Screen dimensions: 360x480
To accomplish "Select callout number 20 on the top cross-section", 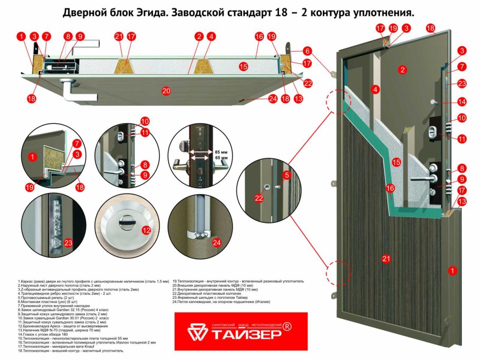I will [166, 91].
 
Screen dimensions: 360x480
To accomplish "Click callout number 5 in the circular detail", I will [287, 174].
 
